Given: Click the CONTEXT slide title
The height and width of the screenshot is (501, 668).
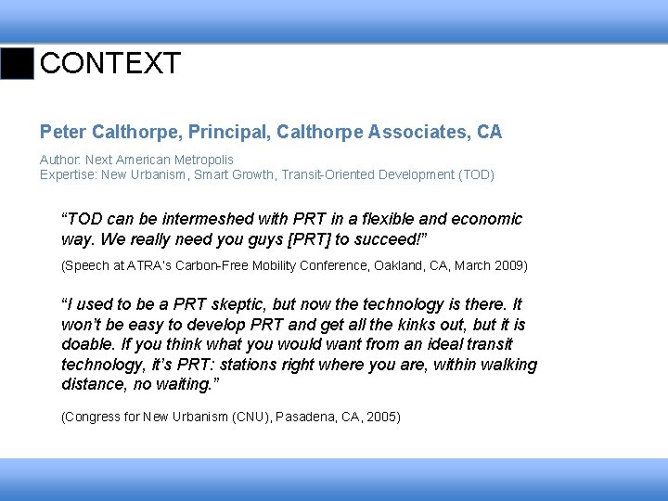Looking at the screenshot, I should tap(110, 64).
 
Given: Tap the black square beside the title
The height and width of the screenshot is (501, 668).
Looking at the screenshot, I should tap(17, 63).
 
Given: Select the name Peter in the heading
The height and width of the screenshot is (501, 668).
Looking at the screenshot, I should tap(64, 133).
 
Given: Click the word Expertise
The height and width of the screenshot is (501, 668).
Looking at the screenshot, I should tap(68, 174).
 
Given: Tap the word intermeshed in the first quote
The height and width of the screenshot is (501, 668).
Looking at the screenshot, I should tap(210, 219).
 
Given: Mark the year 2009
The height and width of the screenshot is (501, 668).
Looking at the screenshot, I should tap(508, 266).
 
